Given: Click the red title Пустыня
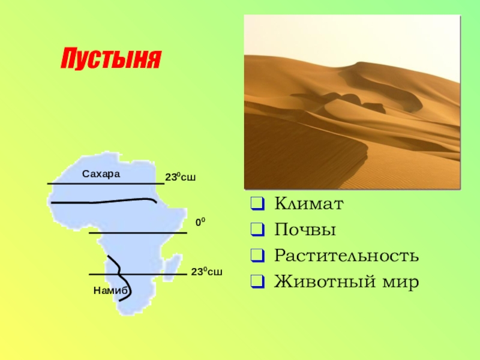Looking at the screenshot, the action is [111, 58].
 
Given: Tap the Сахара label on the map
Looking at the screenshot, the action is [101, 174].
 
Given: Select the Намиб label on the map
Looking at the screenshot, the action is [110, 290].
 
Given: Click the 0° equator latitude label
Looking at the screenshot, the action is [200, 222].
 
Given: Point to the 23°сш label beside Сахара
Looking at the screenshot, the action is [181, 177].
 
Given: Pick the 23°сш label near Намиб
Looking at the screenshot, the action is [206, 272].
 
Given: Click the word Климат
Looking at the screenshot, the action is [309, 203].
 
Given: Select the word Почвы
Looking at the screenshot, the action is [305, 230].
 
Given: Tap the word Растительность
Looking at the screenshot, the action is [346, 256].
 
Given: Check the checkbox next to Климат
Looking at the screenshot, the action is [258, 203].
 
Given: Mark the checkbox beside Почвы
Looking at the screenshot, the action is [258, 230].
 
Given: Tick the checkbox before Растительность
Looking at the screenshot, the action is [258, 256].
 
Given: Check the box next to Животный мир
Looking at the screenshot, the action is [258, 281].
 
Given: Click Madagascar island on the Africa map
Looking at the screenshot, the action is [172, 267].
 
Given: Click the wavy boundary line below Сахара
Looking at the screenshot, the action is [104, 202].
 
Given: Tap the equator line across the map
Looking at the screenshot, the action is [138, 233].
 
